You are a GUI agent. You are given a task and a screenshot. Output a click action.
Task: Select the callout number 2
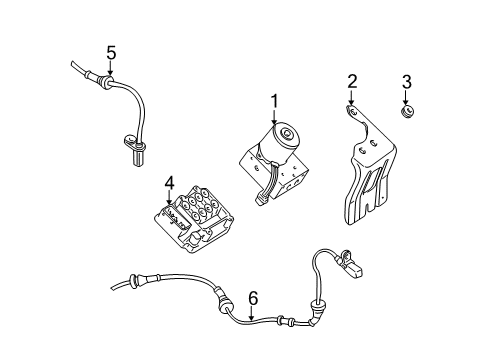[352, 81]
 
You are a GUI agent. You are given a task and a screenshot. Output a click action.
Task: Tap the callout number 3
[406, 81]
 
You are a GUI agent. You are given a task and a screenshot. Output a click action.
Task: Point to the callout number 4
[170, 183]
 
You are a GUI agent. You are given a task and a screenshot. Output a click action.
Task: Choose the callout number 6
[253, 297]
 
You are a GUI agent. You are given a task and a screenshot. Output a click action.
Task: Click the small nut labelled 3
[408, 113]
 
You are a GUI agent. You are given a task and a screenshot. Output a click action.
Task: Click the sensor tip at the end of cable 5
[137, 153]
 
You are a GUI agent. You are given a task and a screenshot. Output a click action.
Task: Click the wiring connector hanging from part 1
[262, 195]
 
